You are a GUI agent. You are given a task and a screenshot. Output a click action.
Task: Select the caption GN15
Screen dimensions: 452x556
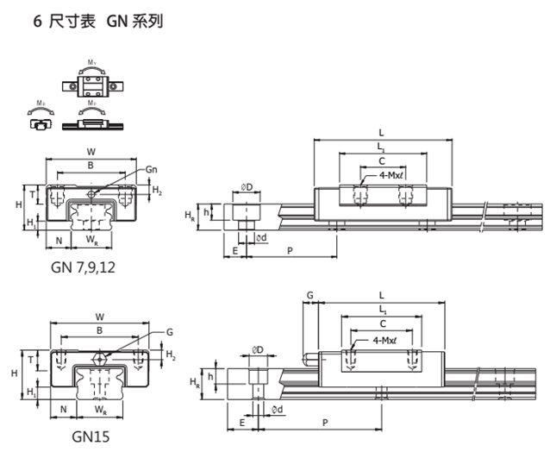click(x=90, y=436)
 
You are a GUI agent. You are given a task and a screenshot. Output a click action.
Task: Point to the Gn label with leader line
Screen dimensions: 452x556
click(x=152, y=168)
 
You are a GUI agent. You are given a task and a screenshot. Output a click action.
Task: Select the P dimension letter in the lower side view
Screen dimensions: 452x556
click(x=325, y=423)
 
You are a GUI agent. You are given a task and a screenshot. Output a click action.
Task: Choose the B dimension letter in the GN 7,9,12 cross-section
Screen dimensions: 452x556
click(x=91, y=166)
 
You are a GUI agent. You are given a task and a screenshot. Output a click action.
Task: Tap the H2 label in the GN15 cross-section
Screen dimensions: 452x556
click(x=171, y=355)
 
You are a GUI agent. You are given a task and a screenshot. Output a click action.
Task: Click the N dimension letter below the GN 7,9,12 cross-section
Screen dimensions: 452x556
click(x=59, y=239)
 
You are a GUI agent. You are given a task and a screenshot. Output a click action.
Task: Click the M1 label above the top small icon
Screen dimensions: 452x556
click(x=92, y=62)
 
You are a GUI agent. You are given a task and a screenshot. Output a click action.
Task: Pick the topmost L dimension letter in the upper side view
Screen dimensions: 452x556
click(x=381, y=132)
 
